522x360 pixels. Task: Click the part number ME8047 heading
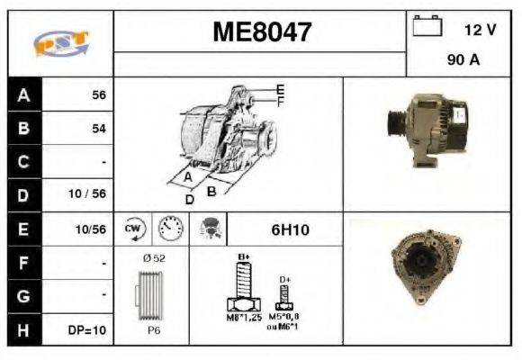[261, 32]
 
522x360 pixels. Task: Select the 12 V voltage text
[479, 30]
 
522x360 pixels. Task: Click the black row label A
[24, 94]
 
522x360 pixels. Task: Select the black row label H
[24, 329]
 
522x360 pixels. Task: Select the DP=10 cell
[88, 330]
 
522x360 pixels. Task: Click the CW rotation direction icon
[133, 229]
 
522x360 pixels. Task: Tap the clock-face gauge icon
[170, 229]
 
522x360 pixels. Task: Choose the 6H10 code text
[290, 230]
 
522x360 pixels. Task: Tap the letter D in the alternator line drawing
[189, 199]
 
